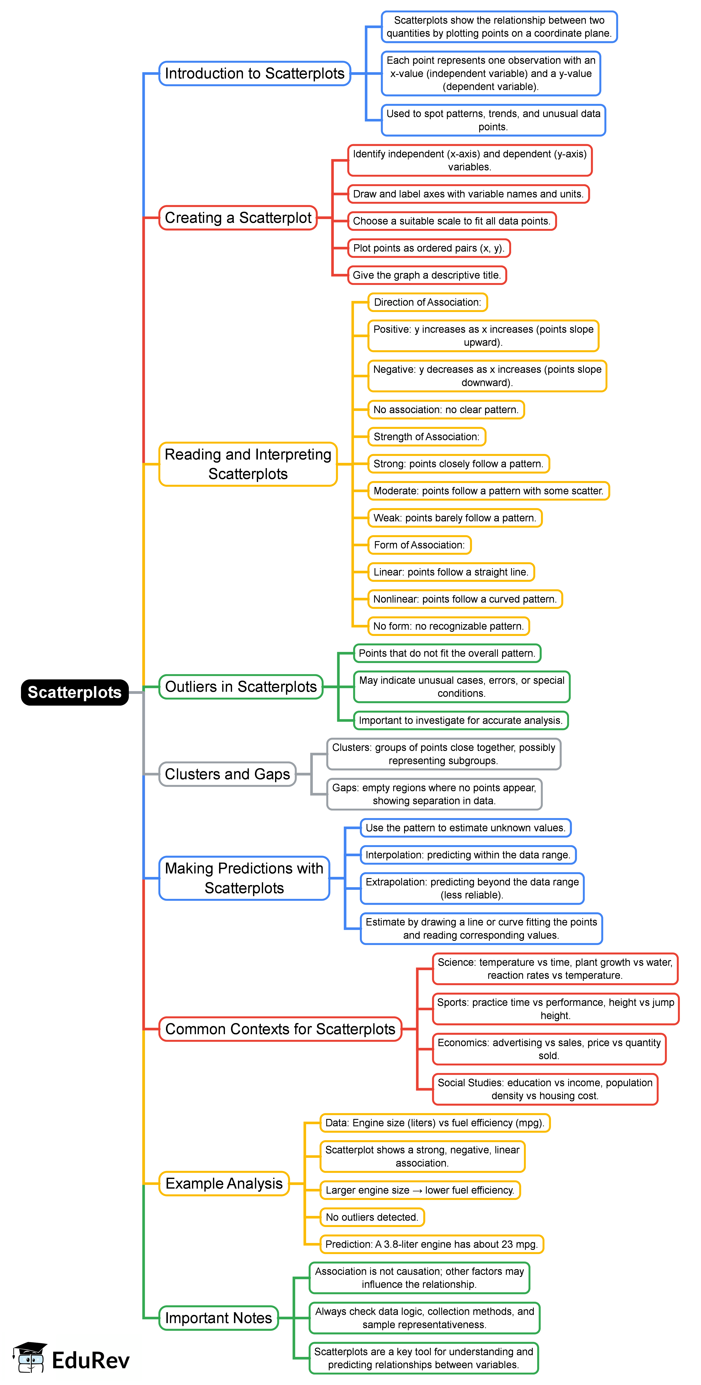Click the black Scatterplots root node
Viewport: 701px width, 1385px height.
coord(75,692)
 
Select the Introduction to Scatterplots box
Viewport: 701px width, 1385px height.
coord(254,73)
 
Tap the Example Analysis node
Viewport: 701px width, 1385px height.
coord(224,1183)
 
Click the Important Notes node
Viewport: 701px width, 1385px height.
coord(218,1318)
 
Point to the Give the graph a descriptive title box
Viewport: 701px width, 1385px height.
coord(426,275)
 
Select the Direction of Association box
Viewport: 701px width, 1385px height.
coord(427,302)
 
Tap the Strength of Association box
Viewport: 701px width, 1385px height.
coord(426,437)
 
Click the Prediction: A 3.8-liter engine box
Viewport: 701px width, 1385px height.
coord(431,1244)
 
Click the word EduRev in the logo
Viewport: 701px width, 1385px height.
coord(90,1360)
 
